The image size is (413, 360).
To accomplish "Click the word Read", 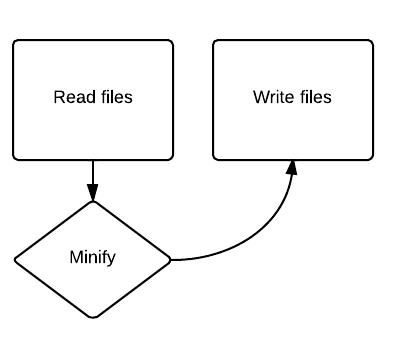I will coord(70,97).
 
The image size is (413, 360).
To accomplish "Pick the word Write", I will coord(273,97).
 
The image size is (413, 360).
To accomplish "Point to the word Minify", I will coord(93,258).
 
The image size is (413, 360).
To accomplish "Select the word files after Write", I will coord(313,97).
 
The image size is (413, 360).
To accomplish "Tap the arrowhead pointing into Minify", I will coord(93,194).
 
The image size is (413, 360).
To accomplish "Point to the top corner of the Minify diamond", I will coord(93,201).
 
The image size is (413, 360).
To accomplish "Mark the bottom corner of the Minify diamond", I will coord(93,318).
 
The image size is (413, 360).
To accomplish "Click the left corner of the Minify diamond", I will coord(15,259).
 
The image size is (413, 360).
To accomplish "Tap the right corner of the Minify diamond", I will coord(171,259).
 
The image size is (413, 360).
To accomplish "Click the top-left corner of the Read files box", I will coord(15,42).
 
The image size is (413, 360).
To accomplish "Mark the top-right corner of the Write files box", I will coord(372,42).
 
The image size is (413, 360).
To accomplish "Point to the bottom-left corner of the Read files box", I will coord(15,158).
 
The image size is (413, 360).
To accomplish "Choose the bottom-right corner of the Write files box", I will coord(372,158).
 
